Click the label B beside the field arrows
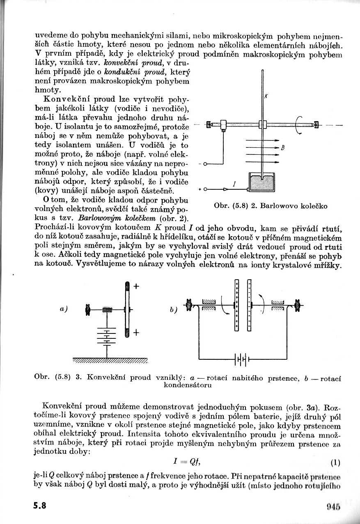[283, 148]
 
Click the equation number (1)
[335, 463]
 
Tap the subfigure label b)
[173, 310]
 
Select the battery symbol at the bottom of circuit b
[242, 359]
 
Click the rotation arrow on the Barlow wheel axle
[298, 125]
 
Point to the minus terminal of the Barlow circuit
[205, 164]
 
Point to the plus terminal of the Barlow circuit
[205, 189]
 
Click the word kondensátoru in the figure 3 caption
[188, 385]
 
